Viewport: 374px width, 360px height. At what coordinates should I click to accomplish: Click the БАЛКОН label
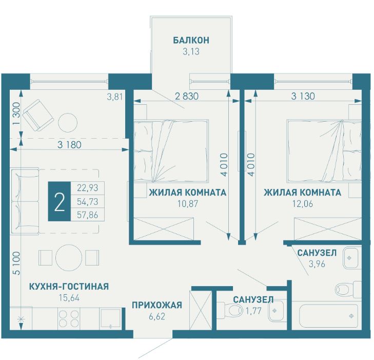pyautogui.click(x=191, y=40)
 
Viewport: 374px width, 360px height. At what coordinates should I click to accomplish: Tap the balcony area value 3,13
pyautogui.click(x=191, y=51)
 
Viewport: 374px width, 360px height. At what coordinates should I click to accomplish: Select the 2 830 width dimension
pyautogui.click(x=187, y=96)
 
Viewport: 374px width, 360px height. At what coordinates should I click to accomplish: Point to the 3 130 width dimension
pyautogui.click(x=303, y=96)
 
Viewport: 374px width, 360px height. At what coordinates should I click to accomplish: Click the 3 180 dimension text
pyautogui.click(x=69, y=145)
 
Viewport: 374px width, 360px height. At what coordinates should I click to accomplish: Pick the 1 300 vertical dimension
pyautogui.click(x=16, y=113)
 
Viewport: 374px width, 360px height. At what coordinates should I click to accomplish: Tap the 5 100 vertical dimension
pyautogui.click(x=17, y=263)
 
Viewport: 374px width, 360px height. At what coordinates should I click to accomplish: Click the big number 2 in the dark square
pyautogui.click(x=60, y=202)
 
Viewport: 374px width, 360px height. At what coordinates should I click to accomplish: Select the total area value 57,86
pyautogui.click(x=88, y=215)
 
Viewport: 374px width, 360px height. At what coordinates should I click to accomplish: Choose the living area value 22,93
pyautogui.click(x=88, y=188)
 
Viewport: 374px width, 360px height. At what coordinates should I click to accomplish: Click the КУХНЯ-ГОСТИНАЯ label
pyautogui.click(x=69, y=286)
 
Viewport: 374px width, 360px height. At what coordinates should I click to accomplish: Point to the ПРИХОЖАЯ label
pyautogui.click(x=157, y=305)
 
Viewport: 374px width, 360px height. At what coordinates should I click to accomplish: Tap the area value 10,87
pyautogui.click(x=188, y=204)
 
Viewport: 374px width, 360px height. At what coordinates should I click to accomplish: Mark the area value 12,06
pyautogui.click(x=303, y=204)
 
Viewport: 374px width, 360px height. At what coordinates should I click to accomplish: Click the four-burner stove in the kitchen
pyautogui.click(x=69, y=319)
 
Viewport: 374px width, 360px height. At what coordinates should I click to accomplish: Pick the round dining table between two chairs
pyautogui.click(x=69, y=258)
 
